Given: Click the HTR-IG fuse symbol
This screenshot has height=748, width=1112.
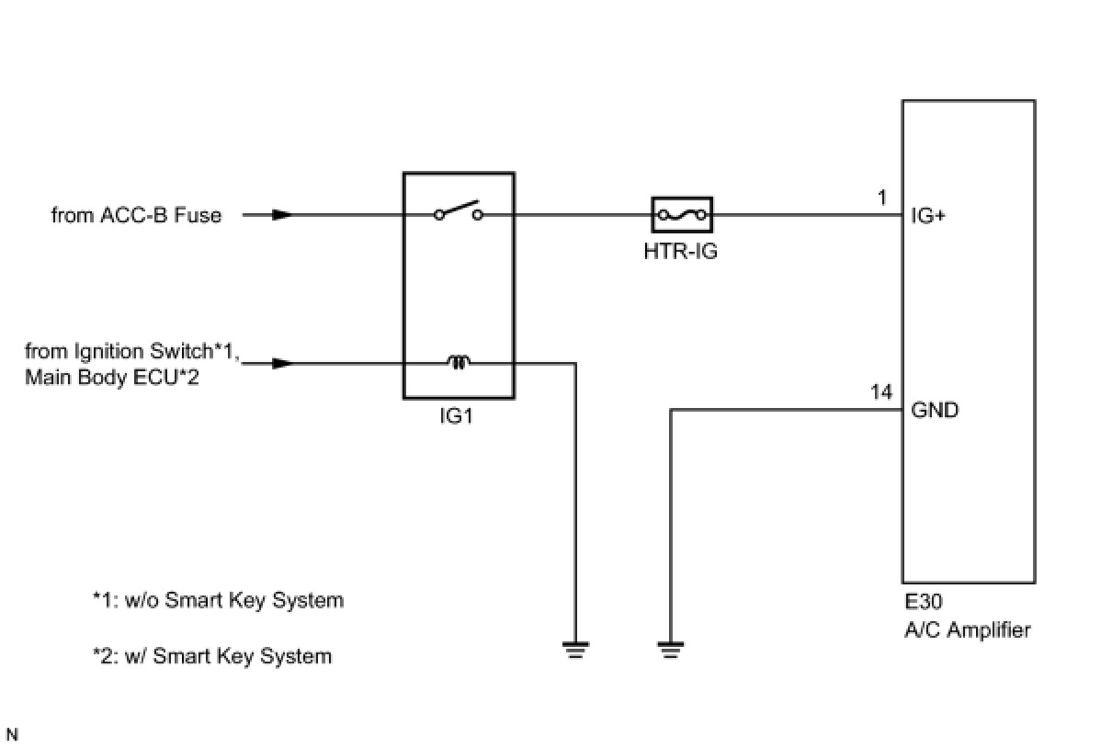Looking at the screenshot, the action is (682, 215).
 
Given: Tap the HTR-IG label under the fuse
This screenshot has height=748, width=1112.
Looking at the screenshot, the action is (681, 252).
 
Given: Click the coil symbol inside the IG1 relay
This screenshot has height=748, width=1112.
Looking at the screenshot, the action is (459, 362).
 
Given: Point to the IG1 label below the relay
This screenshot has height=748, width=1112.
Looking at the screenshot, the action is (456, 416).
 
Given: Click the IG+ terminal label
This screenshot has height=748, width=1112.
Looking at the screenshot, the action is (928, 216).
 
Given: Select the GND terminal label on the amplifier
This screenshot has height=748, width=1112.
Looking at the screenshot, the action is (935, 411).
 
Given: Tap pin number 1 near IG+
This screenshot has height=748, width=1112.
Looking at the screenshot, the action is (882, 198).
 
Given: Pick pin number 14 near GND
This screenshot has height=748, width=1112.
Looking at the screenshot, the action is (881, 392).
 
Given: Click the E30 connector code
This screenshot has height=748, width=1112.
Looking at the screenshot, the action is (924, 602).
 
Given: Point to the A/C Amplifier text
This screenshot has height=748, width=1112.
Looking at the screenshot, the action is (968, 630).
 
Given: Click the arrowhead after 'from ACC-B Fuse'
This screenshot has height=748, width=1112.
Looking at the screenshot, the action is (283, 215).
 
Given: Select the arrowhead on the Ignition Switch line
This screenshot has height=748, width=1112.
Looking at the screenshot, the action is (283, 363).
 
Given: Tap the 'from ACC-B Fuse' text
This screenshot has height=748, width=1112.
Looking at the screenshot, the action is (137, 215).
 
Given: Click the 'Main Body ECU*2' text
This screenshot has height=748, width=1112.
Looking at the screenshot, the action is (112, 378).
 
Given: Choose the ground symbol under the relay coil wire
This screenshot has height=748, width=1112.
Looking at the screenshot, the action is (576, 650).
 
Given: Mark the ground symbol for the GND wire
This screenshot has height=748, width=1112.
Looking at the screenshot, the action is (671, 650).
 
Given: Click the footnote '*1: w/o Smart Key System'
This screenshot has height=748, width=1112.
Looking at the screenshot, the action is (218, 601).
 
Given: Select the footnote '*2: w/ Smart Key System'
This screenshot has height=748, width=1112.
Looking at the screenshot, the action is (212, 656).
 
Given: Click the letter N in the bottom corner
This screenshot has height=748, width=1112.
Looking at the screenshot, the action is (12, 734).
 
